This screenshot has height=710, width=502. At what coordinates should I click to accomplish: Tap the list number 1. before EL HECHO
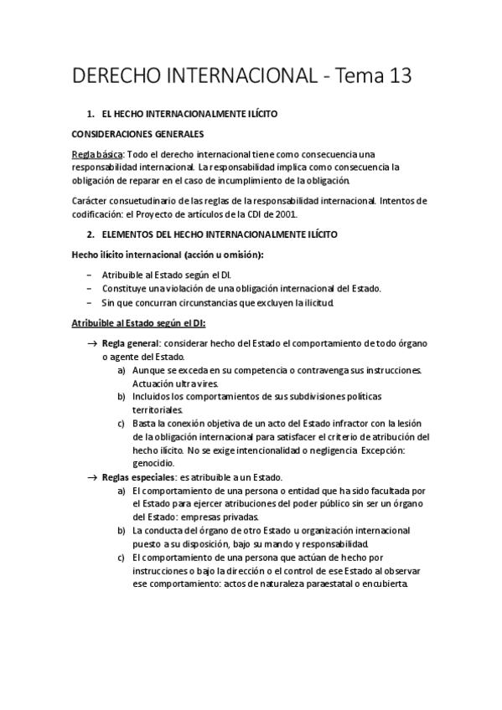pos(91,113)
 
